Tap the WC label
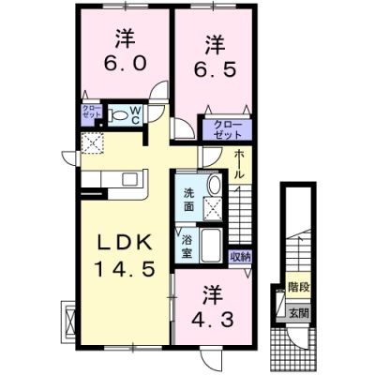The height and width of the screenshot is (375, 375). (135, 115)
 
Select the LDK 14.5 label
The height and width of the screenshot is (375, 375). (125, 256)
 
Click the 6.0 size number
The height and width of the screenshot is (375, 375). (125, 64)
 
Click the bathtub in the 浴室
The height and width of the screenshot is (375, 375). (212, 245)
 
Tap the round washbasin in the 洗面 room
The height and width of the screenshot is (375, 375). (215, 185)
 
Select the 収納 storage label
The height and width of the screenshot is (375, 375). (240, 257)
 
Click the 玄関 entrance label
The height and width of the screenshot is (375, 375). (299, 313)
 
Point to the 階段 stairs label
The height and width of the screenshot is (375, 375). (299, 286)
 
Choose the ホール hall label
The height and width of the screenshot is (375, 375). (239, 164)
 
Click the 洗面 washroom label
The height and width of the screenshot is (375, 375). (188, 200)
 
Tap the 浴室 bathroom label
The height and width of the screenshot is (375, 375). (187, 247)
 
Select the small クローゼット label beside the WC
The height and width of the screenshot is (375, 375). (91, 111)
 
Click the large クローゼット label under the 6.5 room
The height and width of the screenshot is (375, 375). (227, 129)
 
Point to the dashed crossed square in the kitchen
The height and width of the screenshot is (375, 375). (92, 143)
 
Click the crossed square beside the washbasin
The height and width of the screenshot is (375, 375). (213, 209)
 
